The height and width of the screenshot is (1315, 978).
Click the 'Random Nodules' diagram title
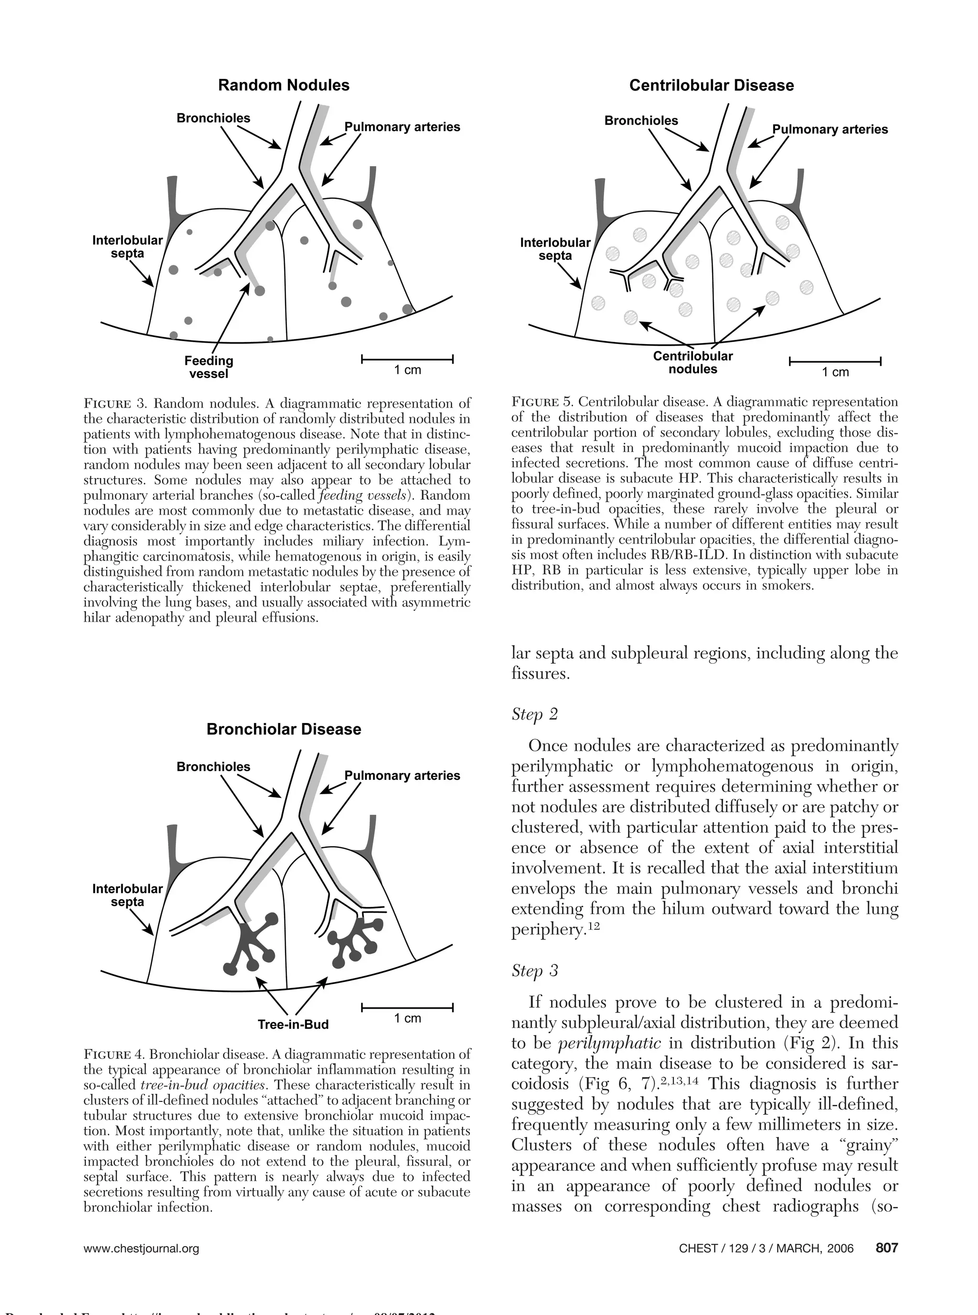pyautogui.click(x=284, y=86)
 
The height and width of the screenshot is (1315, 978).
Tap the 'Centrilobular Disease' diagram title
pyautogui.click(x=711, y=86)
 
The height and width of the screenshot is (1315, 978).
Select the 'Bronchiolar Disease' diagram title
pyautogui.click(x=284, y=729)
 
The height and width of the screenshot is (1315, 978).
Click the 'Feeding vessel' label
pyautogui.click(x=208, y=366)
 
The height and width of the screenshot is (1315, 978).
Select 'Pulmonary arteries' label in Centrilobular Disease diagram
pyautogui.click(x=829, y=129)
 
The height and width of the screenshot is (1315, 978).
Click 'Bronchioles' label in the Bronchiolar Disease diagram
pyautogui.click(x=213, y=766)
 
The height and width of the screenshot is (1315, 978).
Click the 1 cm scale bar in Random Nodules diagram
pyautogui.click(x=407, y=359)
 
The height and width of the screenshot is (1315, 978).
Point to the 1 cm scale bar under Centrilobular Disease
pyautogui.click(x=835, y=361)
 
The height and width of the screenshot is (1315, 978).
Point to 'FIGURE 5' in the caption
pyautogui.click(x=542, y=402)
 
